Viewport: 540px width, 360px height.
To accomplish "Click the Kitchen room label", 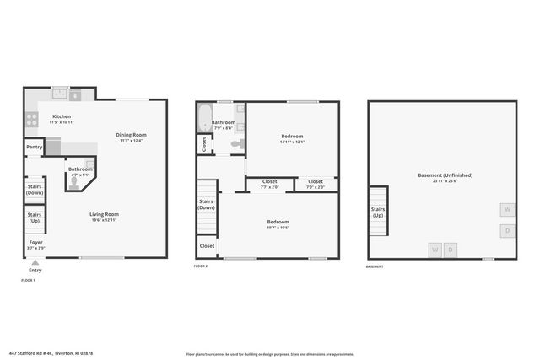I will click(x=62, y=116).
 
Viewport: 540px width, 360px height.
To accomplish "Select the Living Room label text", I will click(x=104, y=214).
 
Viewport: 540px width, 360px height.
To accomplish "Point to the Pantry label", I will click(x=35, y=147).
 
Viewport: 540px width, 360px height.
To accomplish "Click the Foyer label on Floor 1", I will click(x=35, y=242).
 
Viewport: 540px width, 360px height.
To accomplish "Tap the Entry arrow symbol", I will click(x=35, y=262).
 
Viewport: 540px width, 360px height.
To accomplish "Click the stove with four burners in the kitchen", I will click(x=30, y=119).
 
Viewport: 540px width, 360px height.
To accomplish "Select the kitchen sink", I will click(x=61, y=93).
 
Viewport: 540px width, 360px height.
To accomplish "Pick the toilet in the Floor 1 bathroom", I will click(x=74, y=180).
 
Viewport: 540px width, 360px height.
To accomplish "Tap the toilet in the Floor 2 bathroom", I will click(x=236, y=144).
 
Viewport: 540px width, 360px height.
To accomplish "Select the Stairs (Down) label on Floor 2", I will click(x=206, y=204).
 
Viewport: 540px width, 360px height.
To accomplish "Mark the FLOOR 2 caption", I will click(x=200, y=266).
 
